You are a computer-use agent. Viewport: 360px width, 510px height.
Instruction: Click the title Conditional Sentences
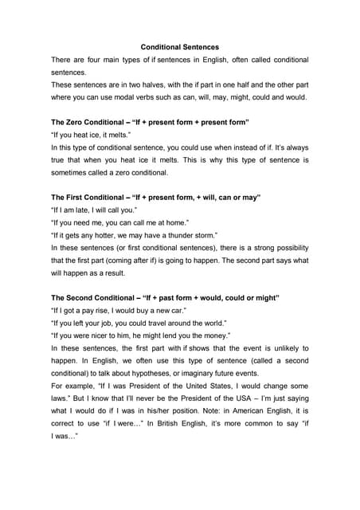(x=179, y=46)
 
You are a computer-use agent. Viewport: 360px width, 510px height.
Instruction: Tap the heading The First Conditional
(x=92, y=197)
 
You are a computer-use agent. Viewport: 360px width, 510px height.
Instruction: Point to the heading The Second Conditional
(x=99, y=297)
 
